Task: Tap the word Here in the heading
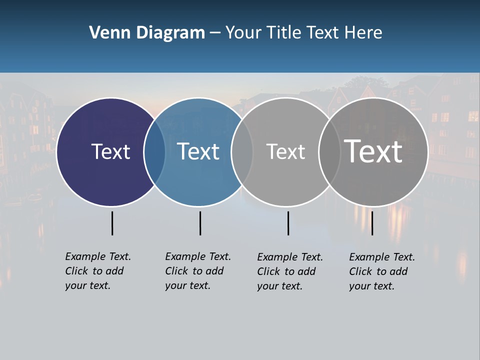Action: coord(363,33)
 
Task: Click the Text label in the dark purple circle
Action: coord(110,151)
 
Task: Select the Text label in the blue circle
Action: coord(198,151)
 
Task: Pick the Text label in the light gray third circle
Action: coord(285,151)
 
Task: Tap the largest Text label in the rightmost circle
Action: coord(373,151)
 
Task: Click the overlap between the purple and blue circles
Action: coord(154,152)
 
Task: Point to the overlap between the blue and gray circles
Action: coord(242,152)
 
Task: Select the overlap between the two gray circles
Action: coord(329,152)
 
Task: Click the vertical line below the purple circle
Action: coord(112,223)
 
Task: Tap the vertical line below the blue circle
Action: coord(200,223)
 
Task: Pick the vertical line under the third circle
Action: coord(288,223)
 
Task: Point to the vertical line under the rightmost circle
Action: coord(372,223)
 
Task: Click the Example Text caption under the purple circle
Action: coord(98,270)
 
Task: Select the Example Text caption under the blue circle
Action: coord(198,270)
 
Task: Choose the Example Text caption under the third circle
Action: coord(290,271)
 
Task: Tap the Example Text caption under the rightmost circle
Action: coord(382,271)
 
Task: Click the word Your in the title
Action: coord(244,33)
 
